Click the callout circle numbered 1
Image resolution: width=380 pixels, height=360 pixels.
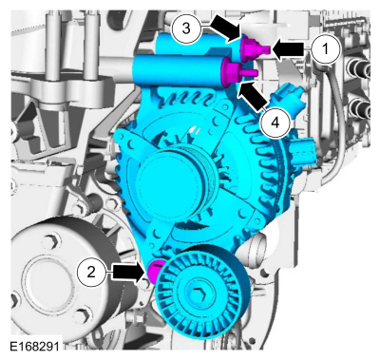[x=325, y=45]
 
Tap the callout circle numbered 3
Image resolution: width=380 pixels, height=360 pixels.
[x=188, y=28]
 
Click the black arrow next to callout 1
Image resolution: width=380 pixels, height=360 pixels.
[x=289, y=46]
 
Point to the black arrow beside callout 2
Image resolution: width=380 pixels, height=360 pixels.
[x=125, y=273]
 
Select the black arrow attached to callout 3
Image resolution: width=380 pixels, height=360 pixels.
[x=224, y=30]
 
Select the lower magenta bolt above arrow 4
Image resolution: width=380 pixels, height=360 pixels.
[x=232, y=69]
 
